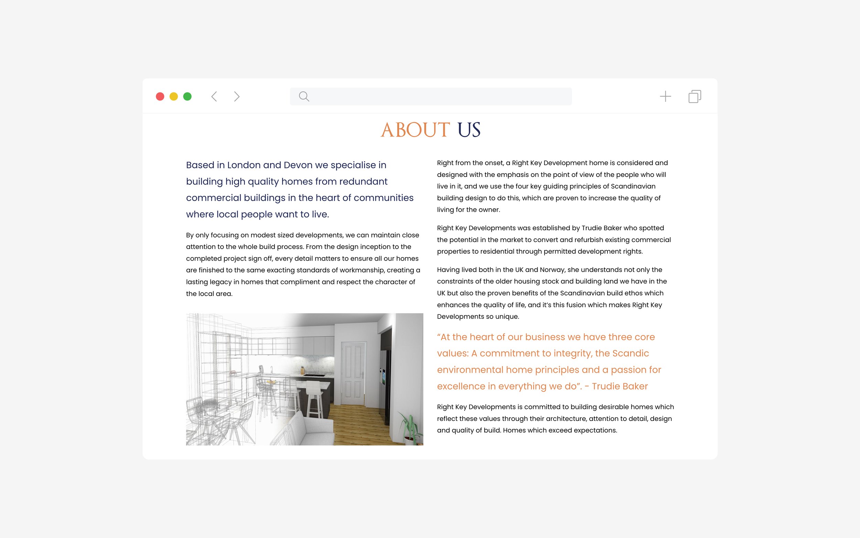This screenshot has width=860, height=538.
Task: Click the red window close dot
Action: pos(160,96)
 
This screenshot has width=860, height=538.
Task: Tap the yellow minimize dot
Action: pos(173,96)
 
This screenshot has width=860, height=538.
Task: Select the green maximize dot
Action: pos(187,96)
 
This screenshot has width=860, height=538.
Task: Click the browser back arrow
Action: pos(214,96)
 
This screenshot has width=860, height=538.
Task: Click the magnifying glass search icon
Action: pos(304,96)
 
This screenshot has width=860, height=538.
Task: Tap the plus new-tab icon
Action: pos(665,96)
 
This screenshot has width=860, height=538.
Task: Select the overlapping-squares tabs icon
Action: pos(695,96)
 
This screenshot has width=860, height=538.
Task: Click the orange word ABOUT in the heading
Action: pos(415,130)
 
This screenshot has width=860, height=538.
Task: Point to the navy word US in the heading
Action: pos(469,130)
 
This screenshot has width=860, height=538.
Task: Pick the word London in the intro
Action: pos(244,165)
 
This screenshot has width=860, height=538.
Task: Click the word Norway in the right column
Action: pos(551,270)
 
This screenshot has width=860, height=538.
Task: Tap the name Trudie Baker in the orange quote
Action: pos(620,387)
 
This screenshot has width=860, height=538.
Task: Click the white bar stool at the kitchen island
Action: pos(314,399)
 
